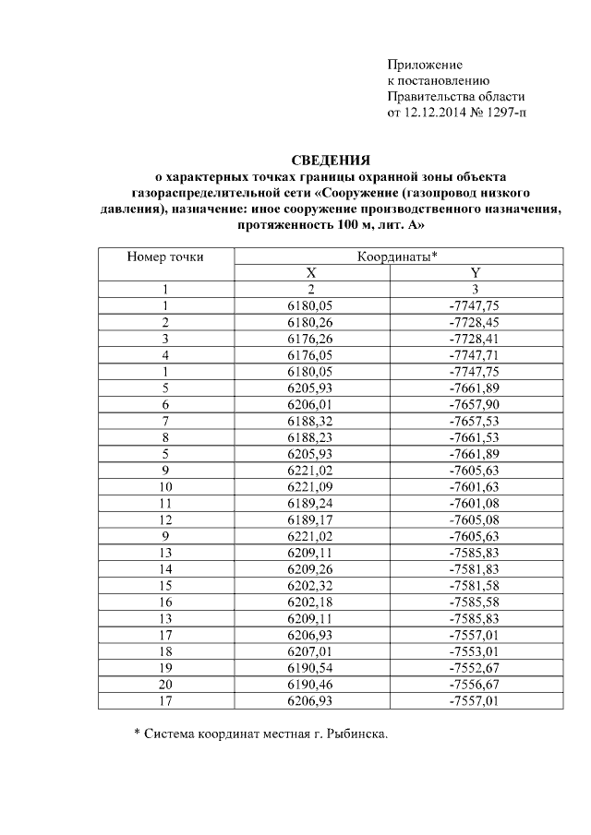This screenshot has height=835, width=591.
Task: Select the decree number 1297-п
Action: coord(504,113)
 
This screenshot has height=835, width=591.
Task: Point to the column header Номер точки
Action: coord(165,256)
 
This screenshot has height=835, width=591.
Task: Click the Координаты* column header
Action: coord(397,256)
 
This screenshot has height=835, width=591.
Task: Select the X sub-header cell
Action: coord(310,273)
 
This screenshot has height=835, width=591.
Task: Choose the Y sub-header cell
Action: coord(475,273)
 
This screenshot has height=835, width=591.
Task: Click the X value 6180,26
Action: coord(310,323)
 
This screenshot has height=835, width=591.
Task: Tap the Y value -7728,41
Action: coord(475,339)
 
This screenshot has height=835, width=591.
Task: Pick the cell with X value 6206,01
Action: coord(310,404)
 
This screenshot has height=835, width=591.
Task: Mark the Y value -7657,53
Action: coord(475,421)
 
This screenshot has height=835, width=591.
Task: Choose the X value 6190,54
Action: coord(310,667)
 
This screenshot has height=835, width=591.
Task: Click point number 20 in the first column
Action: coord(165,684)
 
